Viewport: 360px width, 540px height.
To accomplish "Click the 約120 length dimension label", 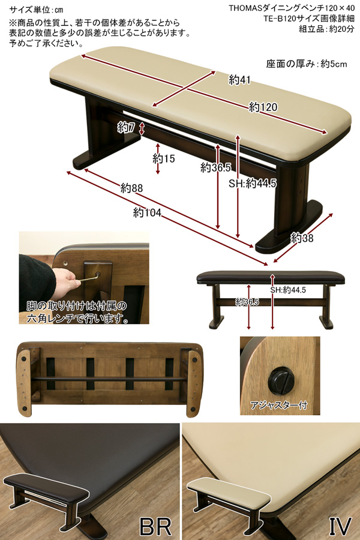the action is [263, 107].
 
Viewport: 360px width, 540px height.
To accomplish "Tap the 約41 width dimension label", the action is [239, 80].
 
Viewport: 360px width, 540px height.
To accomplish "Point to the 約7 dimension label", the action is [126, 127].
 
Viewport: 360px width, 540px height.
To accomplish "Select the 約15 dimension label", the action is [164, 158].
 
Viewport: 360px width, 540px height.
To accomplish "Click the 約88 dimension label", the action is [131, 188].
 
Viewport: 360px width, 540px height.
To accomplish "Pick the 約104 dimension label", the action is [147, 212].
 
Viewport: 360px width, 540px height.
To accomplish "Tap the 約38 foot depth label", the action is [302, 238].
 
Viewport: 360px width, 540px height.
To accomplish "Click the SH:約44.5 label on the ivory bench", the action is [253, 183].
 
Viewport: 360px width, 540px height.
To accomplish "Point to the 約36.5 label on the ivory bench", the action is [215, 168].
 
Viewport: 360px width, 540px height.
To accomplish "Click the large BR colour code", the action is [155, 527].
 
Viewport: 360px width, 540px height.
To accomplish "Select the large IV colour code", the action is [340, 527].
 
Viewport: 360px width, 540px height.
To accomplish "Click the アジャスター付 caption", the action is [278, 406].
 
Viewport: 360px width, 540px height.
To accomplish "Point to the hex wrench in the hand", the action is [88, 278].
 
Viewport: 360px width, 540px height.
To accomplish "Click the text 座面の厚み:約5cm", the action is [307, 64].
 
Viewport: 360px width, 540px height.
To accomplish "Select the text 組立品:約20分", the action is [326, 29].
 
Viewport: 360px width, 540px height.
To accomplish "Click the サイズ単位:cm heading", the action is [36, 9].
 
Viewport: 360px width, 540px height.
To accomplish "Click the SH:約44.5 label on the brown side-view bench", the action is [288, 290].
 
